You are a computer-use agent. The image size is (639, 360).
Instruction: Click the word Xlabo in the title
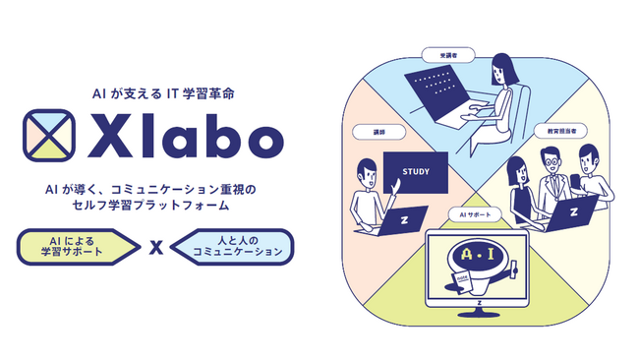[x=178, y=139]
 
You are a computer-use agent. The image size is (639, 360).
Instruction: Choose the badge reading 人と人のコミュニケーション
[x=232, y=247]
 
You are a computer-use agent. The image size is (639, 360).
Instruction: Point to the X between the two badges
[x=154, y=248]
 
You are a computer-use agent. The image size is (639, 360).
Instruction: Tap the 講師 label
[x=367, y=132]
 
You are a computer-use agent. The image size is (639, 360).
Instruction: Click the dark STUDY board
[x=416, y=175]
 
